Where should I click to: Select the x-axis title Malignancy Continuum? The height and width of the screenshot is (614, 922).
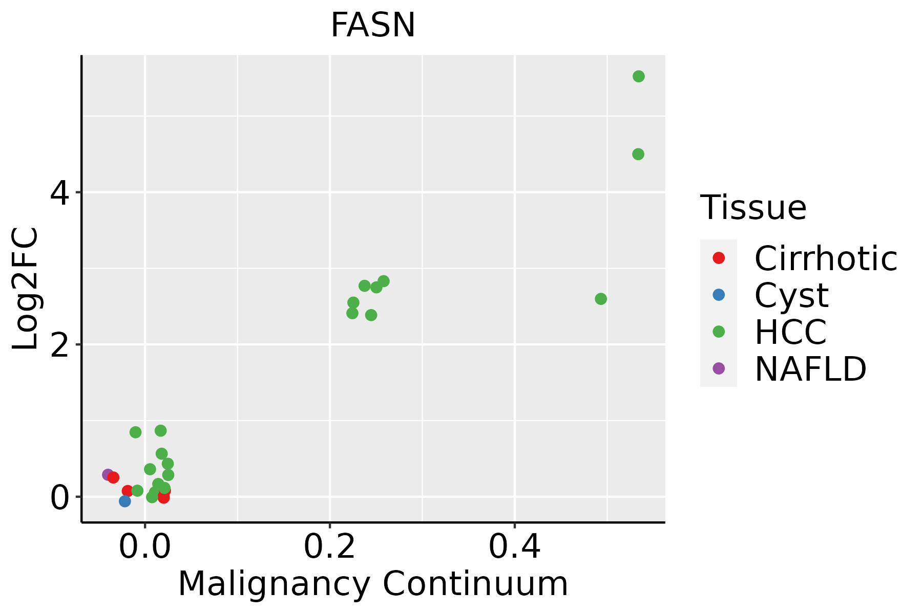[372, 584]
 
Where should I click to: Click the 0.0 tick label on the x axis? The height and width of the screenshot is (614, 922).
[145, 547]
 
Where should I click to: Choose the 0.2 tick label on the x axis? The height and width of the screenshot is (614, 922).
[329, 547]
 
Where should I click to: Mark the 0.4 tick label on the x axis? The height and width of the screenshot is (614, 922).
[514, 547]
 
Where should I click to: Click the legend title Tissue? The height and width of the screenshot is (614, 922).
[753, 208]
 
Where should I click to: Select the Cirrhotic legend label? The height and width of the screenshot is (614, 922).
[826, 258]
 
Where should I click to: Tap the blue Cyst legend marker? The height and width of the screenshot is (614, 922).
[719, 295]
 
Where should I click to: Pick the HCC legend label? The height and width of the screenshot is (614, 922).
[790, 332]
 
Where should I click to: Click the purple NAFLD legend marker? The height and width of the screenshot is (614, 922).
[719, 368]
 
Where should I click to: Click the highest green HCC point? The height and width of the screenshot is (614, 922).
[638, 76]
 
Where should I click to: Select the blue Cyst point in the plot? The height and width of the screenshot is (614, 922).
[124, 501]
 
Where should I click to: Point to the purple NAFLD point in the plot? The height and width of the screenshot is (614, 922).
[108, 474]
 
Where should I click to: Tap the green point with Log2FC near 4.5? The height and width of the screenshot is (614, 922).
[638, 154]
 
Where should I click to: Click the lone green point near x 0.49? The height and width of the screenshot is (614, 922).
[601, 299]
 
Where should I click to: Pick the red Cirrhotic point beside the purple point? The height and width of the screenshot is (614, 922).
[114, 477]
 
